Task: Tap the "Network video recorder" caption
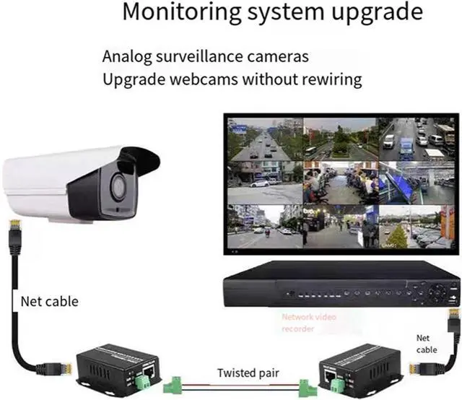(x=309, y=323)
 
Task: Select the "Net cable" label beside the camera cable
(x=48, y=300)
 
